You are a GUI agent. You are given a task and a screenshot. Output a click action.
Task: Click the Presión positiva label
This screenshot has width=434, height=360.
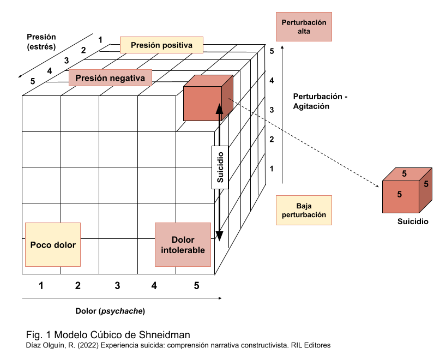[161, 45]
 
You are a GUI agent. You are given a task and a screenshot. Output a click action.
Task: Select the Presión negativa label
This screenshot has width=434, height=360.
[110, 78]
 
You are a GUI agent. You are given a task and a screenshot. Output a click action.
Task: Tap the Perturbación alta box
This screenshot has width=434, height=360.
[304, 27]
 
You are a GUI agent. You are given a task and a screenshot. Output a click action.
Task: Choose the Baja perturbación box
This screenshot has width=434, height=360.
[304, 210]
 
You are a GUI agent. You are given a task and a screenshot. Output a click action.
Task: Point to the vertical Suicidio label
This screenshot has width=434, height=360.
[220, 167]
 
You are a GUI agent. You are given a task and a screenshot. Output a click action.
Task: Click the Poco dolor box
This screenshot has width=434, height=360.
[53, 244]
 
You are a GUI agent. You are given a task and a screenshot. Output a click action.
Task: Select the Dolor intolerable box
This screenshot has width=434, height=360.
[183, 244]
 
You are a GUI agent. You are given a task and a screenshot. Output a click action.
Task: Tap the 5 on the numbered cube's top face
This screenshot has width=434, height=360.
[404, 174]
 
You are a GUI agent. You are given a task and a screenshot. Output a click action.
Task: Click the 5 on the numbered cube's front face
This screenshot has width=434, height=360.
[399, 194]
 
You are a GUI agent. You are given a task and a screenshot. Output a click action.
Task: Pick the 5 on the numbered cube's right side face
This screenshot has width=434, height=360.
[426, 184]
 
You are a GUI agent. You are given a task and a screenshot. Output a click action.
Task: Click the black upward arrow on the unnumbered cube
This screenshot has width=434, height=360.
[219, 111]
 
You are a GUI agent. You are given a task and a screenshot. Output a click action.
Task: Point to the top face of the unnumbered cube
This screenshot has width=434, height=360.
[208, 81]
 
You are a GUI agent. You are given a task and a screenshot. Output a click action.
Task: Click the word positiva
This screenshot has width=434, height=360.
[174, 45]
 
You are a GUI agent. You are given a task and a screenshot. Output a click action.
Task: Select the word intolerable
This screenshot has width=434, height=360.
[183, 250]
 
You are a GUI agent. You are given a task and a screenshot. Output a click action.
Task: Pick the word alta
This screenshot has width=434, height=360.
[304, 32]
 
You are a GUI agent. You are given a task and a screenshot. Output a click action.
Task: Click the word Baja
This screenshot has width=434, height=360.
[304, 206]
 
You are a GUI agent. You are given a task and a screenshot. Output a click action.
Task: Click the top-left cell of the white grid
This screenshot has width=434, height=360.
[41, 113]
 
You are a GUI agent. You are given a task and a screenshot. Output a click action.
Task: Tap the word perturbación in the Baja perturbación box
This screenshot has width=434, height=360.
[304, 215]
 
